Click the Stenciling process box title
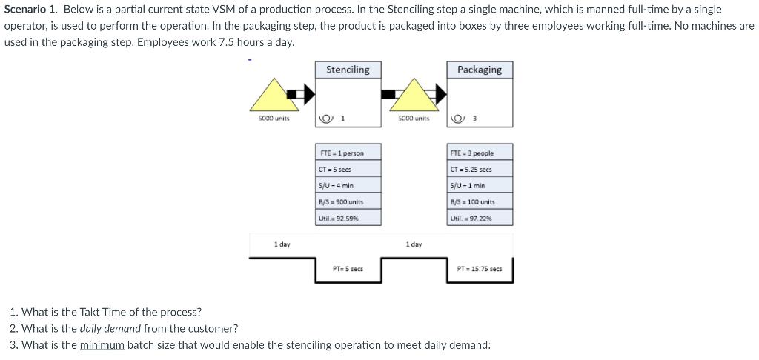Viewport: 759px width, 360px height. click(x=348, y=70)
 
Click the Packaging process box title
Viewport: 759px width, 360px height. click(x=479, y=70)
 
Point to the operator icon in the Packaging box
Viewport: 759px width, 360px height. click(x=457, y=119)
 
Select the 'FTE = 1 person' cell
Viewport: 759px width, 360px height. click(x=348, y=153)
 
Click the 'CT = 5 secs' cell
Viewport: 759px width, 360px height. click(x=348, y=170)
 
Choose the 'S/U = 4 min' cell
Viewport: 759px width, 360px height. click(x=348, y=186)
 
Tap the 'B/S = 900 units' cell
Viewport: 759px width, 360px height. click(x=348, y=202)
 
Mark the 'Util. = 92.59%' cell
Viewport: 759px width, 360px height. click(x=348, y=219)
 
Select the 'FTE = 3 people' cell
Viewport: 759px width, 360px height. click(x=480, y=153)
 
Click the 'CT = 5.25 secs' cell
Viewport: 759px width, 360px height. click(x=480, y=170)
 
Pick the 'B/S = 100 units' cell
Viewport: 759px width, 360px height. click(x=480, y=202)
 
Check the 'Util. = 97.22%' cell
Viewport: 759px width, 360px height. click(x=480, y=219)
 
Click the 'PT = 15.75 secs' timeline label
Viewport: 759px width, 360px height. click(x=479, y=269)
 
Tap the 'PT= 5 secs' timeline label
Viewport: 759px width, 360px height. click(x=348, y=269)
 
